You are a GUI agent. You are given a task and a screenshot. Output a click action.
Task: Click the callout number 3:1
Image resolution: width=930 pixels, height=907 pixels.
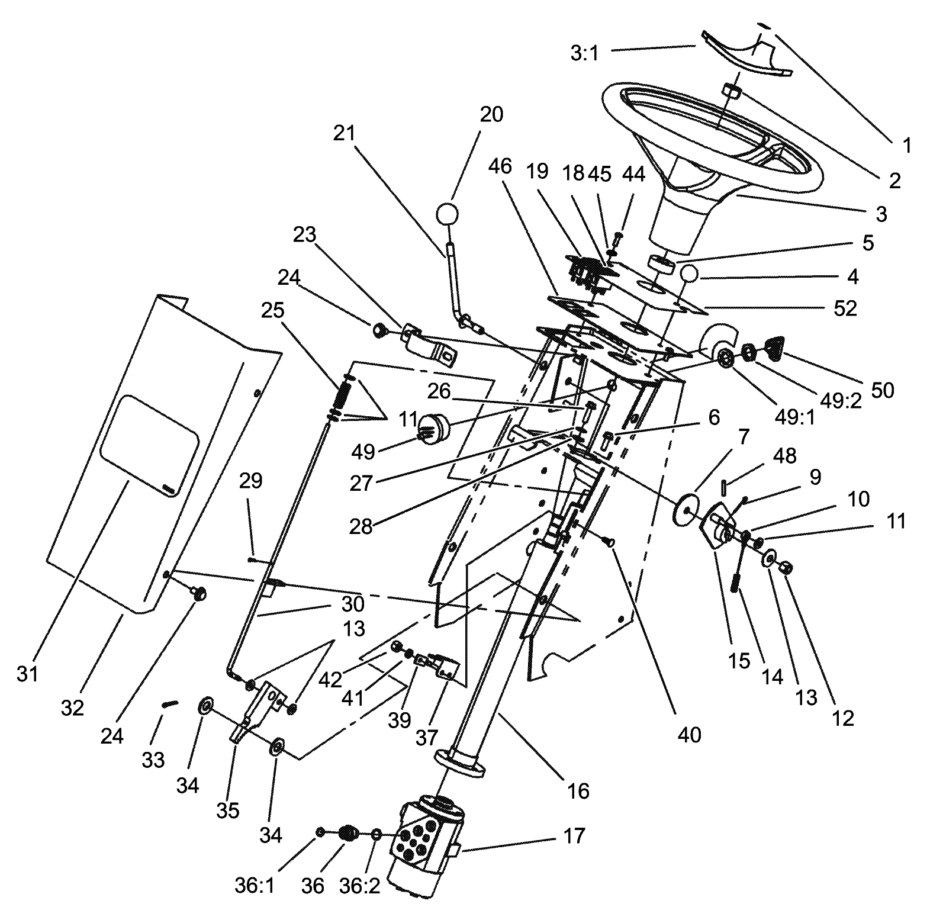click(x=585, y=53)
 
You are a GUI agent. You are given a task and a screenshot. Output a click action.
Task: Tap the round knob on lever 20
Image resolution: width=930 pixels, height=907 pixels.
click(x=448, y=214)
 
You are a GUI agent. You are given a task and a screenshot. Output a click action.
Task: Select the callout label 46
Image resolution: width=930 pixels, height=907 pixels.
click(x=500, y=166)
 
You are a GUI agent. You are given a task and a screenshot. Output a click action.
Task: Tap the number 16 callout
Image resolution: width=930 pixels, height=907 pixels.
click(x=578, y=790)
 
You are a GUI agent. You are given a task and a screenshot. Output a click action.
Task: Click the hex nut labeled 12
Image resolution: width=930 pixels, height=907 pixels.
click(x=787, y=568)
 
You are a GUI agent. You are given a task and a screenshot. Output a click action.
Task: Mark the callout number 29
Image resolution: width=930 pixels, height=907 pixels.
click(x=250, y=480)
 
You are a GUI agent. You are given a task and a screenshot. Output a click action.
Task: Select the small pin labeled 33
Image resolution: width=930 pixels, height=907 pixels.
click(x=170, y=704)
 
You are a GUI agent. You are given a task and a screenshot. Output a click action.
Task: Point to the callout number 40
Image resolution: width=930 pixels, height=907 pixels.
click(x=689, y=735)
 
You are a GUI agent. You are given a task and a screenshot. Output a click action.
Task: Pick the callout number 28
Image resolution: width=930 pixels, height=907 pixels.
click(x=361, y=526)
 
